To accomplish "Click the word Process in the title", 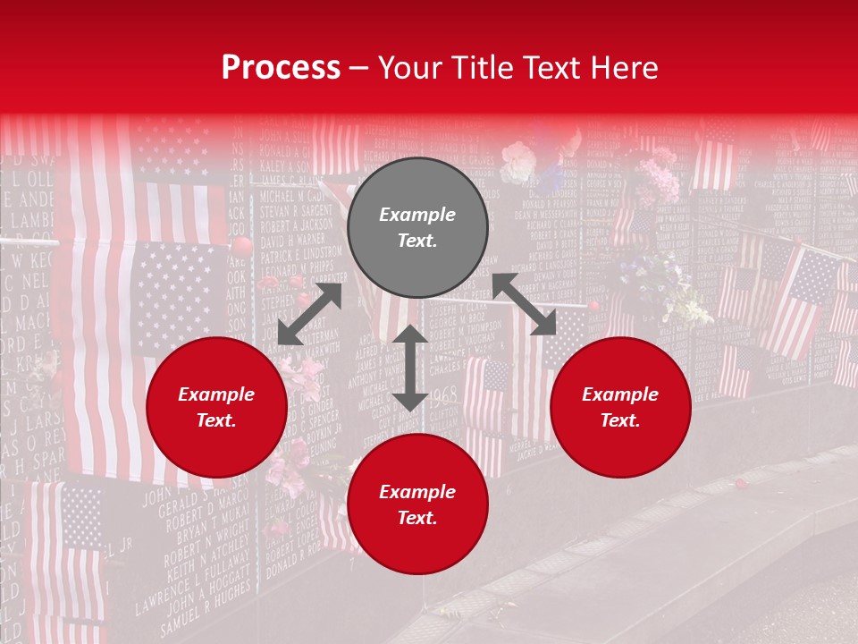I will point(281,68).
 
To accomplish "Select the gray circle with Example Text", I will point(417,227).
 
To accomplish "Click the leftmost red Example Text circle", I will point(216,408).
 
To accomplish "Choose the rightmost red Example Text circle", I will point(620,408).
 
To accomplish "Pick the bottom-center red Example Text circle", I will point(417,504).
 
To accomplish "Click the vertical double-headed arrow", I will point(410,368).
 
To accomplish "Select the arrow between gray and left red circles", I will point(309,314).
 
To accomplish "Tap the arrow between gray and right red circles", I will point(525,304).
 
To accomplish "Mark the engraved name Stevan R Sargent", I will point(296,210).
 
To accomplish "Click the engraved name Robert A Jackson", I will point(296,225).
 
